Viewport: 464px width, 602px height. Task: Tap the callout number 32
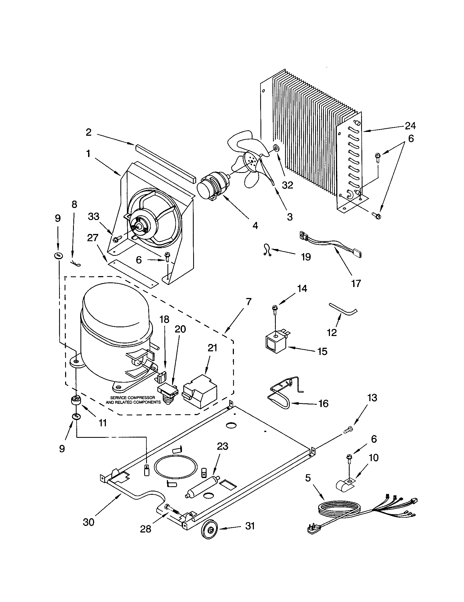pyautogui.click(x=287, y=185)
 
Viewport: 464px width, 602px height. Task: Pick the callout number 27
pyautogui.click(x=92, y=237)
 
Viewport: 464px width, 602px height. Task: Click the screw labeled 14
pyautogui.click(x=275, y=308)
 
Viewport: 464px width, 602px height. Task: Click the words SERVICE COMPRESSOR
pyautogui.click(x=132, y=398)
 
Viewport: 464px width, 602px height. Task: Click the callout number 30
pyautogui.click(x=89, y=522)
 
